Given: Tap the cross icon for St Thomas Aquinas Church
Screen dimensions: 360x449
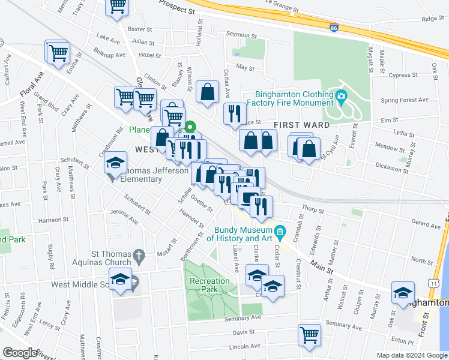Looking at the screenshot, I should pos(139,256).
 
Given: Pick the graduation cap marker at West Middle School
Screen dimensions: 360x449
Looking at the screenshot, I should pos(121,280).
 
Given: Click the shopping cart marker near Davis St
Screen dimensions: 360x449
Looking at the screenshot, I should pos(310,334).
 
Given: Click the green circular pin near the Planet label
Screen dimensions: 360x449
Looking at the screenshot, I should pos(190,127).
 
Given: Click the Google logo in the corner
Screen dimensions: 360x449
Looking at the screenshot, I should pos(20,353).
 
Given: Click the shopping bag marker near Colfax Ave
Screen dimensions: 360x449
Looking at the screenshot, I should pos(208,92).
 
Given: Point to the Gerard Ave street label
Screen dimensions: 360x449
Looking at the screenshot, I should pos(427,224).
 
